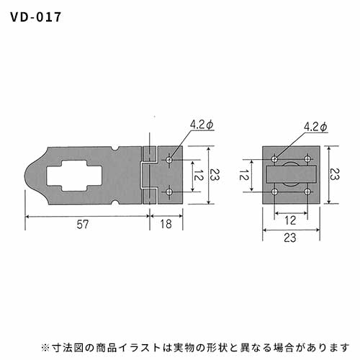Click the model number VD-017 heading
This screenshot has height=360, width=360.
coord(36,17)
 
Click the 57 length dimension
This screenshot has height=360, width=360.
coord(83,225)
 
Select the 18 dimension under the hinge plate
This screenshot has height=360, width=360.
coord(166,224)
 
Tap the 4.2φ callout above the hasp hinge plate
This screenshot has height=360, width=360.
coord(202,125)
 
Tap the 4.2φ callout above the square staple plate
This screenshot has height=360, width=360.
coord(315,127)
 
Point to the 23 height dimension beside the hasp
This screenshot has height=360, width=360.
coord(214,174)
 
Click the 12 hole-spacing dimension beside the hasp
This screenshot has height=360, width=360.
coord(199,175)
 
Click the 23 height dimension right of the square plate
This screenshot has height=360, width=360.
coord(334,174)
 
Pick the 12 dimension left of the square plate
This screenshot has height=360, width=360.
coord(244,175)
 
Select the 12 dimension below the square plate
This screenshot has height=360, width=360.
coord(290,220)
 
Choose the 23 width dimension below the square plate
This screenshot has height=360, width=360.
coord(290,238)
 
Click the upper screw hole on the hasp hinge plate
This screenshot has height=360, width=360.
coord(169,160)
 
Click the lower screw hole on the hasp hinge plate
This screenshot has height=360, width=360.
coord(169,192)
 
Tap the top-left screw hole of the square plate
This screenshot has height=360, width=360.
coord(274,159)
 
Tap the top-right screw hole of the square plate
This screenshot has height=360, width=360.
coord(307,159)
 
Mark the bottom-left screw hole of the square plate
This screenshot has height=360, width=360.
coord(274,192)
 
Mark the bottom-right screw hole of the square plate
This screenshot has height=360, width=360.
coord(307,192)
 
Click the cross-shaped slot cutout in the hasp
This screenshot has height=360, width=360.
coord(74,176)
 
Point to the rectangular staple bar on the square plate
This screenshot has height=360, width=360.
coord(291,174)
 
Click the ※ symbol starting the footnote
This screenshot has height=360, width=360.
coord(45,348)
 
